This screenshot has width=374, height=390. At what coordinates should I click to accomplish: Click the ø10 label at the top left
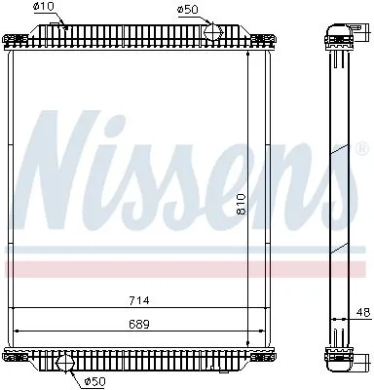click(x=44, y=7)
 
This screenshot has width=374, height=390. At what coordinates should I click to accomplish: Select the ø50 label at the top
click(x=187, y=9)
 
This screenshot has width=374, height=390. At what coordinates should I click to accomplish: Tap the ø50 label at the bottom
click(x=95, y=381)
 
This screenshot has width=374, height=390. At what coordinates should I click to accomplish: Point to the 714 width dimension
click(x=139, y=300)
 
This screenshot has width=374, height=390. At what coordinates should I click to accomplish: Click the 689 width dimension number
click(x=139, y=324)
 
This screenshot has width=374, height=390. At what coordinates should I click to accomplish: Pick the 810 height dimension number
click(x=242, y=204)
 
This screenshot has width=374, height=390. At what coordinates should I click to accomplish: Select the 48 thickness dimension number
click(x=363, y=312)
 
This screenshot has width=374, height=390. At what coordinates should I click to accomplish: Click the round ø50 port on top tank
click(x=213, y=32)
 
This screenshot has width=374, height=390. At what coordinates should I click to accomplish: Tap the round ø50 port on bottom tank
click(x=65, y=363)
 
